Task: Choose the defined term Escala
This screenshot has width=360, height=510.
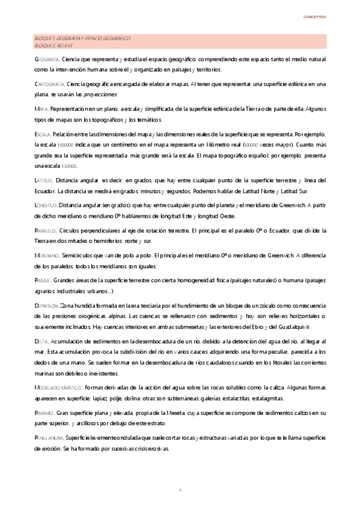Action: pyautogui.click(x=43, y=134)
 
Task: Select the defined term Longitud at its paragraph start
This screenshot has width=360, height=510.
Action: pyautogui.click(x=46, y=206)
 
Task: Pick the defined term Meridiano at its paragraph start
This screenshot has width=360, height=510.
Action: pyautogui.click(x=47, y=255)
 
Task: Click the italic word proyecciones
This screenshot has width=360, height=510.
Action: pyautogui.click(x=102, y=94)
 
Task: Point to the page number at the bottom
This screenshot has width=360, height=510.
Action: pyautogui.click(x=180, y=491)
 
